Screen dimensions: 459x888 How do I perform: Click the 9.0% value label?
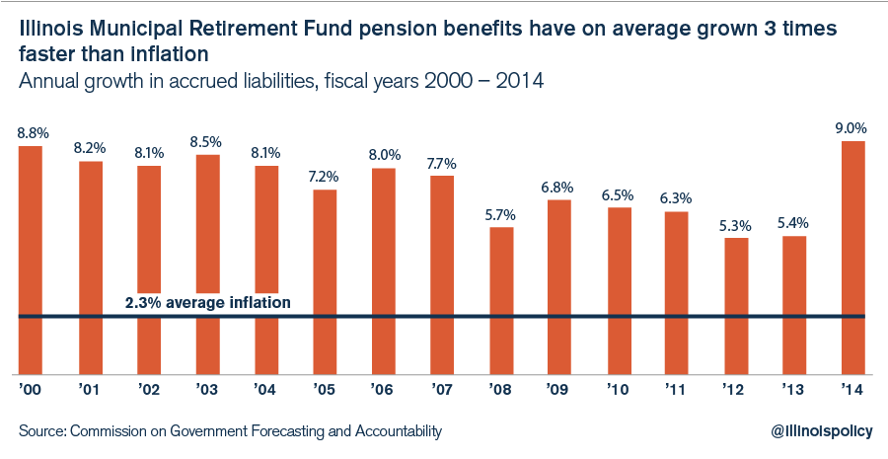pos(852,127)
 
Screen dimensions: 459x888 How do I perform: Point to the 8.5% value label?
pos(207,140)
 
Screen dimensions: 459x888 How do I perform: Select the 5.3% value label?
pos(735,223)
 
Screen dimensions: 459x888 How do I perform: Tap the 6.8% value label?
pos(559,187)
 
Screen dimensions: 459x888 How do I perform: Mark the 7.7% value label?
pos(442,162)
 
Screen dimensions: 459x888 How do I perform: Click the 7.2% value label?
pos(325,176)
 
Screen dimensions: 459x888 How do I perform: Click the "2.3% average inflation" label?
pos(208,303)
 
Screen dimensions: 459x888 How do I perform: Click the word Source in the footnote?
pos(40,431)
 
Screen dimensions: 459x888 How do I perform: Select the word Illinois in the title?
pos(48,30)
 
